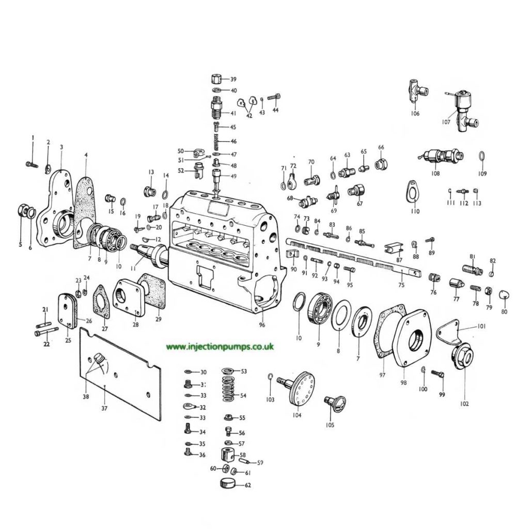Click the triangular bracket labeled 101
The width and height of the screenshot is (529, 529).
453,331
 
